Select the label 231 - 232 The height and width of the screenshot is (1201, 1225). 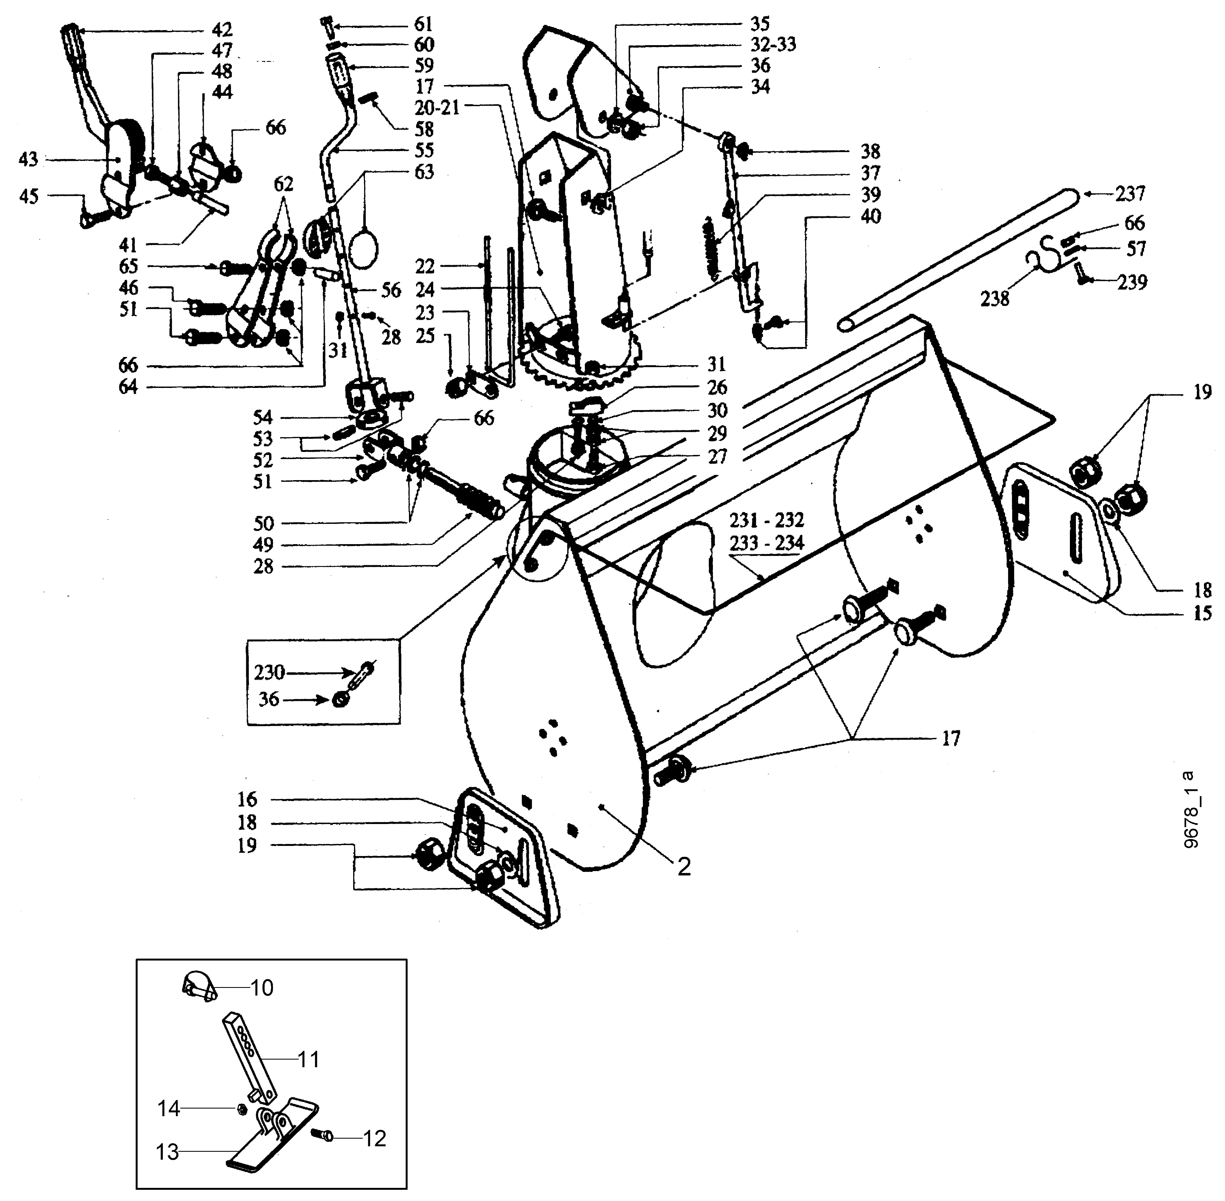coord(767,520)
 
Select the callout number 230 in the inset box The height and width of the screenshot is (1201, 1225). coord(269,672)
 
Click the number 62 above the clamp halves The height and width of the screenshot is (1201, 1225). coord(284,184)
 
